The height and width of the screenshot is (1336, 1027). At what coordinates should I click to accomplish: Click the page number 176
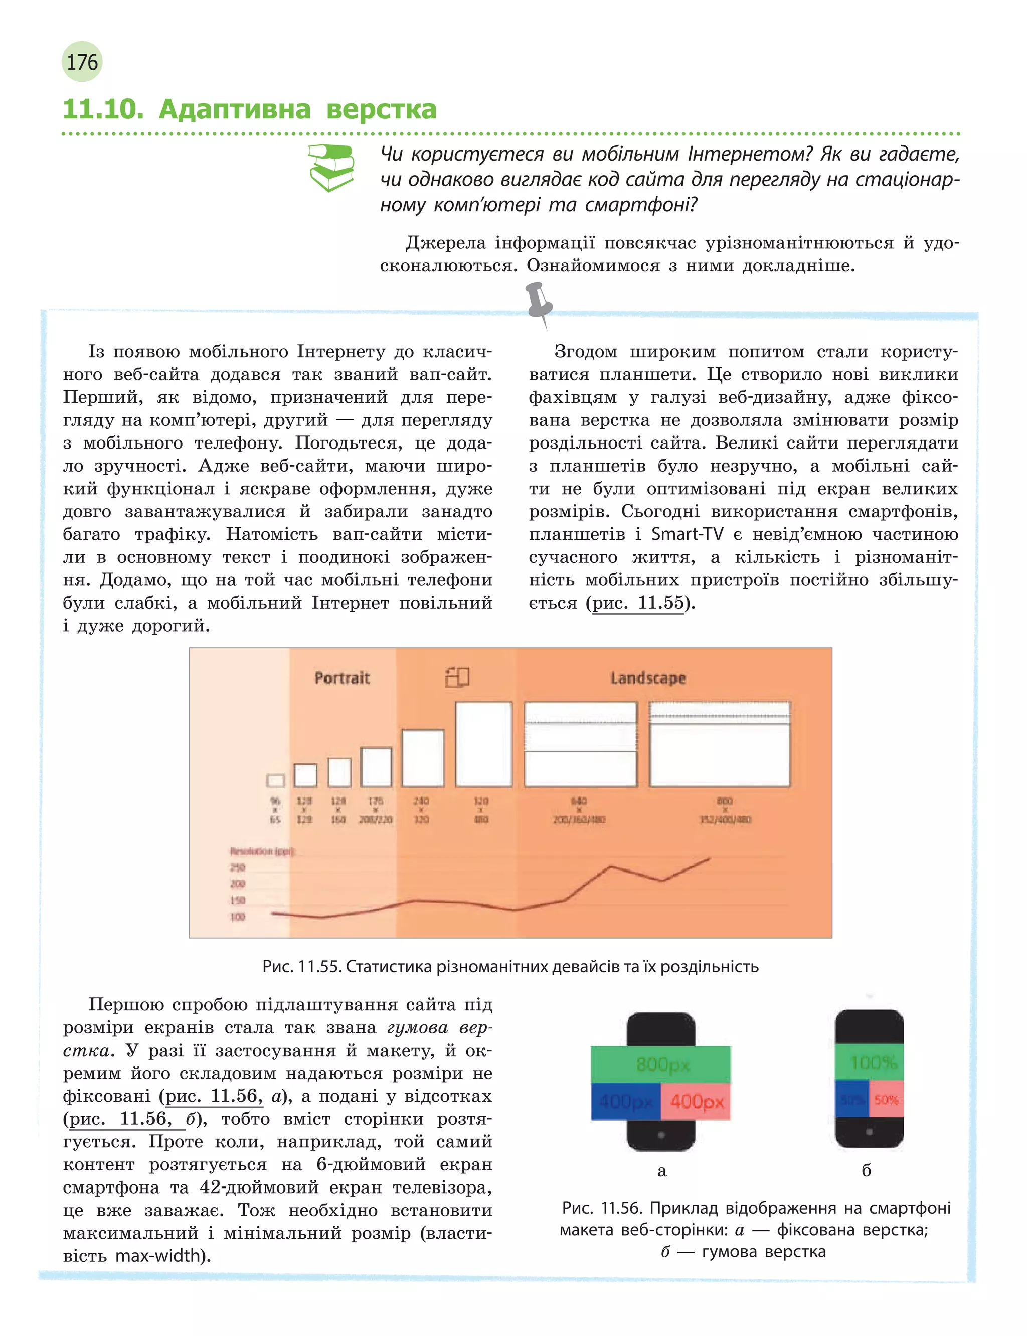point(82,62)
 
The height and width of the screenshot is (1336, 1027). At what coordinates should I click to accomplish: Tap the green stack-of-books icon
point(331,167)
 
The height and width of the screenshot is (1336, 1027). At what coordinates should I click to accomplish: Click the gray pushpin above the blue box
point(539,303)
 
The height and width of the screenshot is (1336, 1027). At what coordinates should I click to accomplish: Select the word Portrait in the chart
point(341,678)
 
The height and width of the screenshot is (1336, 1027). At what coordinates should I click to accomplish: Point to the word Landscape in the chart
point(648,678)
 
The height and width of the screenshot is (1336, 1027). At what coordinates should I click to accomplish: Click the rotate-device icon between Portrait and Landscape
point(457,677)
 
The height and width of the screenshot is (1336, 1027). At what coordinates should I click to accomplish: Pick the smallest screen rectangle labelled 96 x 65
point(276,780)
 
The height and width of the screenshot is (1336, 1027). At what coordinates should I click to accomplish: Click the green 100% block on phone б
point(869,1062)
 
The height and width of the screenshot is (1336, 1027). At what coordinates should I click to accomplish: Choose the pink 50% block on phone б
point(886,1099)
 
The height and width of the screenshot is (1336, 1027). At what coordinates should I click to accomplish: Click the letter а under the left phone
point(661,1171)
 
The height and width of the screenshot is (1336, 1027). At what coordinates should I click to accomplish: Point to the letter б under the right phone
point(866,1171)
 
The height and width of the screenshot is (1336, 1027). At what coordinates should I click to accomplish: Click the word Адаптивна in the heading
point(235,109)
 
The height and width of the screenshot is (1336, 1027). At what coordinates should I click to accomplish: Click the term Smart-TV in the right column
point(687,534)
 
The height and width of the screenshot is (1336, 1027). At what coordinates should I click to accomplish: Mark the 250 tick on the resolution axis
point(238,867)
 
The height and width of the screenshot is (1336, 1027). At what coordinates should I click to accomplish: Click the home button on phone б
point(869,1132)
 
